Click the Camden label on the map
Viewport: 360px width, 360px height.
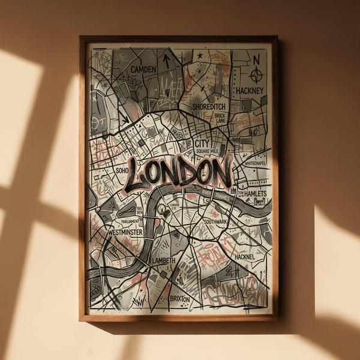coord(143,70)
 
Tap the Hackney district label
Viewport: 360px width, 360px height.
coord(250,91)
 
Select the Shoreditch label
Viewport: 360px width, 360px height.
coord(209,106)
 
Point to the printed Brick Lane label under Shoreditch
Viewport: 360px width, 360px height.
coord(220,117)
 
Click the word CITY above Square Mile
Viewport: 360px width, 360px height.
coord(202,144)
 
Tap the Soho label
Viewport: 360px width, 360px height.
coord(122,170)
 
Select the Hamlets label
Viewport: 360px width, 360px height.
coord(255,193)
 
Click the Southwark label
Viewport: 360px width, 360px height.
coord(215,221)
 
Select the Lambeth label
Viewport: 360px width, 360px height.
coord(163,261)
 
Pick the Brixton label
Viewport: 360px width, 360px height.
coord(179,298)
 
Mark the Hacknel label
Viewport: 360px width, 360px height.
coord(245,257)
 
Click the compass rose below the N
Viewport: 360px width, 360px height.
coord(257,75)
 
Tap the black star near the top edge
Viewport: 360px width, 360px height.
coord(200,55)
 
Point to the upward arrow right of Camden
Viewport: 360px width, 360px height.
coord(166,60)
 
